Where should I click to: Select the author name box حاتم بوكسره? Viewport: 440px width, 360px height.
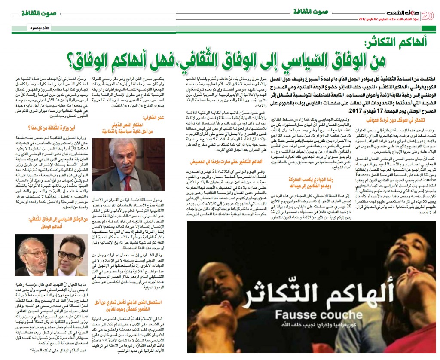[x=26, y=28]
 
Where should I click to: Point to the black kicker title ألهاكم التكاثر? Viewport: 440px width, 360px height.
[x=395, y=42]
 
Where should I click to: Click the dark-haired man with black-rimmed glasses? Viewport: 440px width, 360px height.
[x=70, y=255]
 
